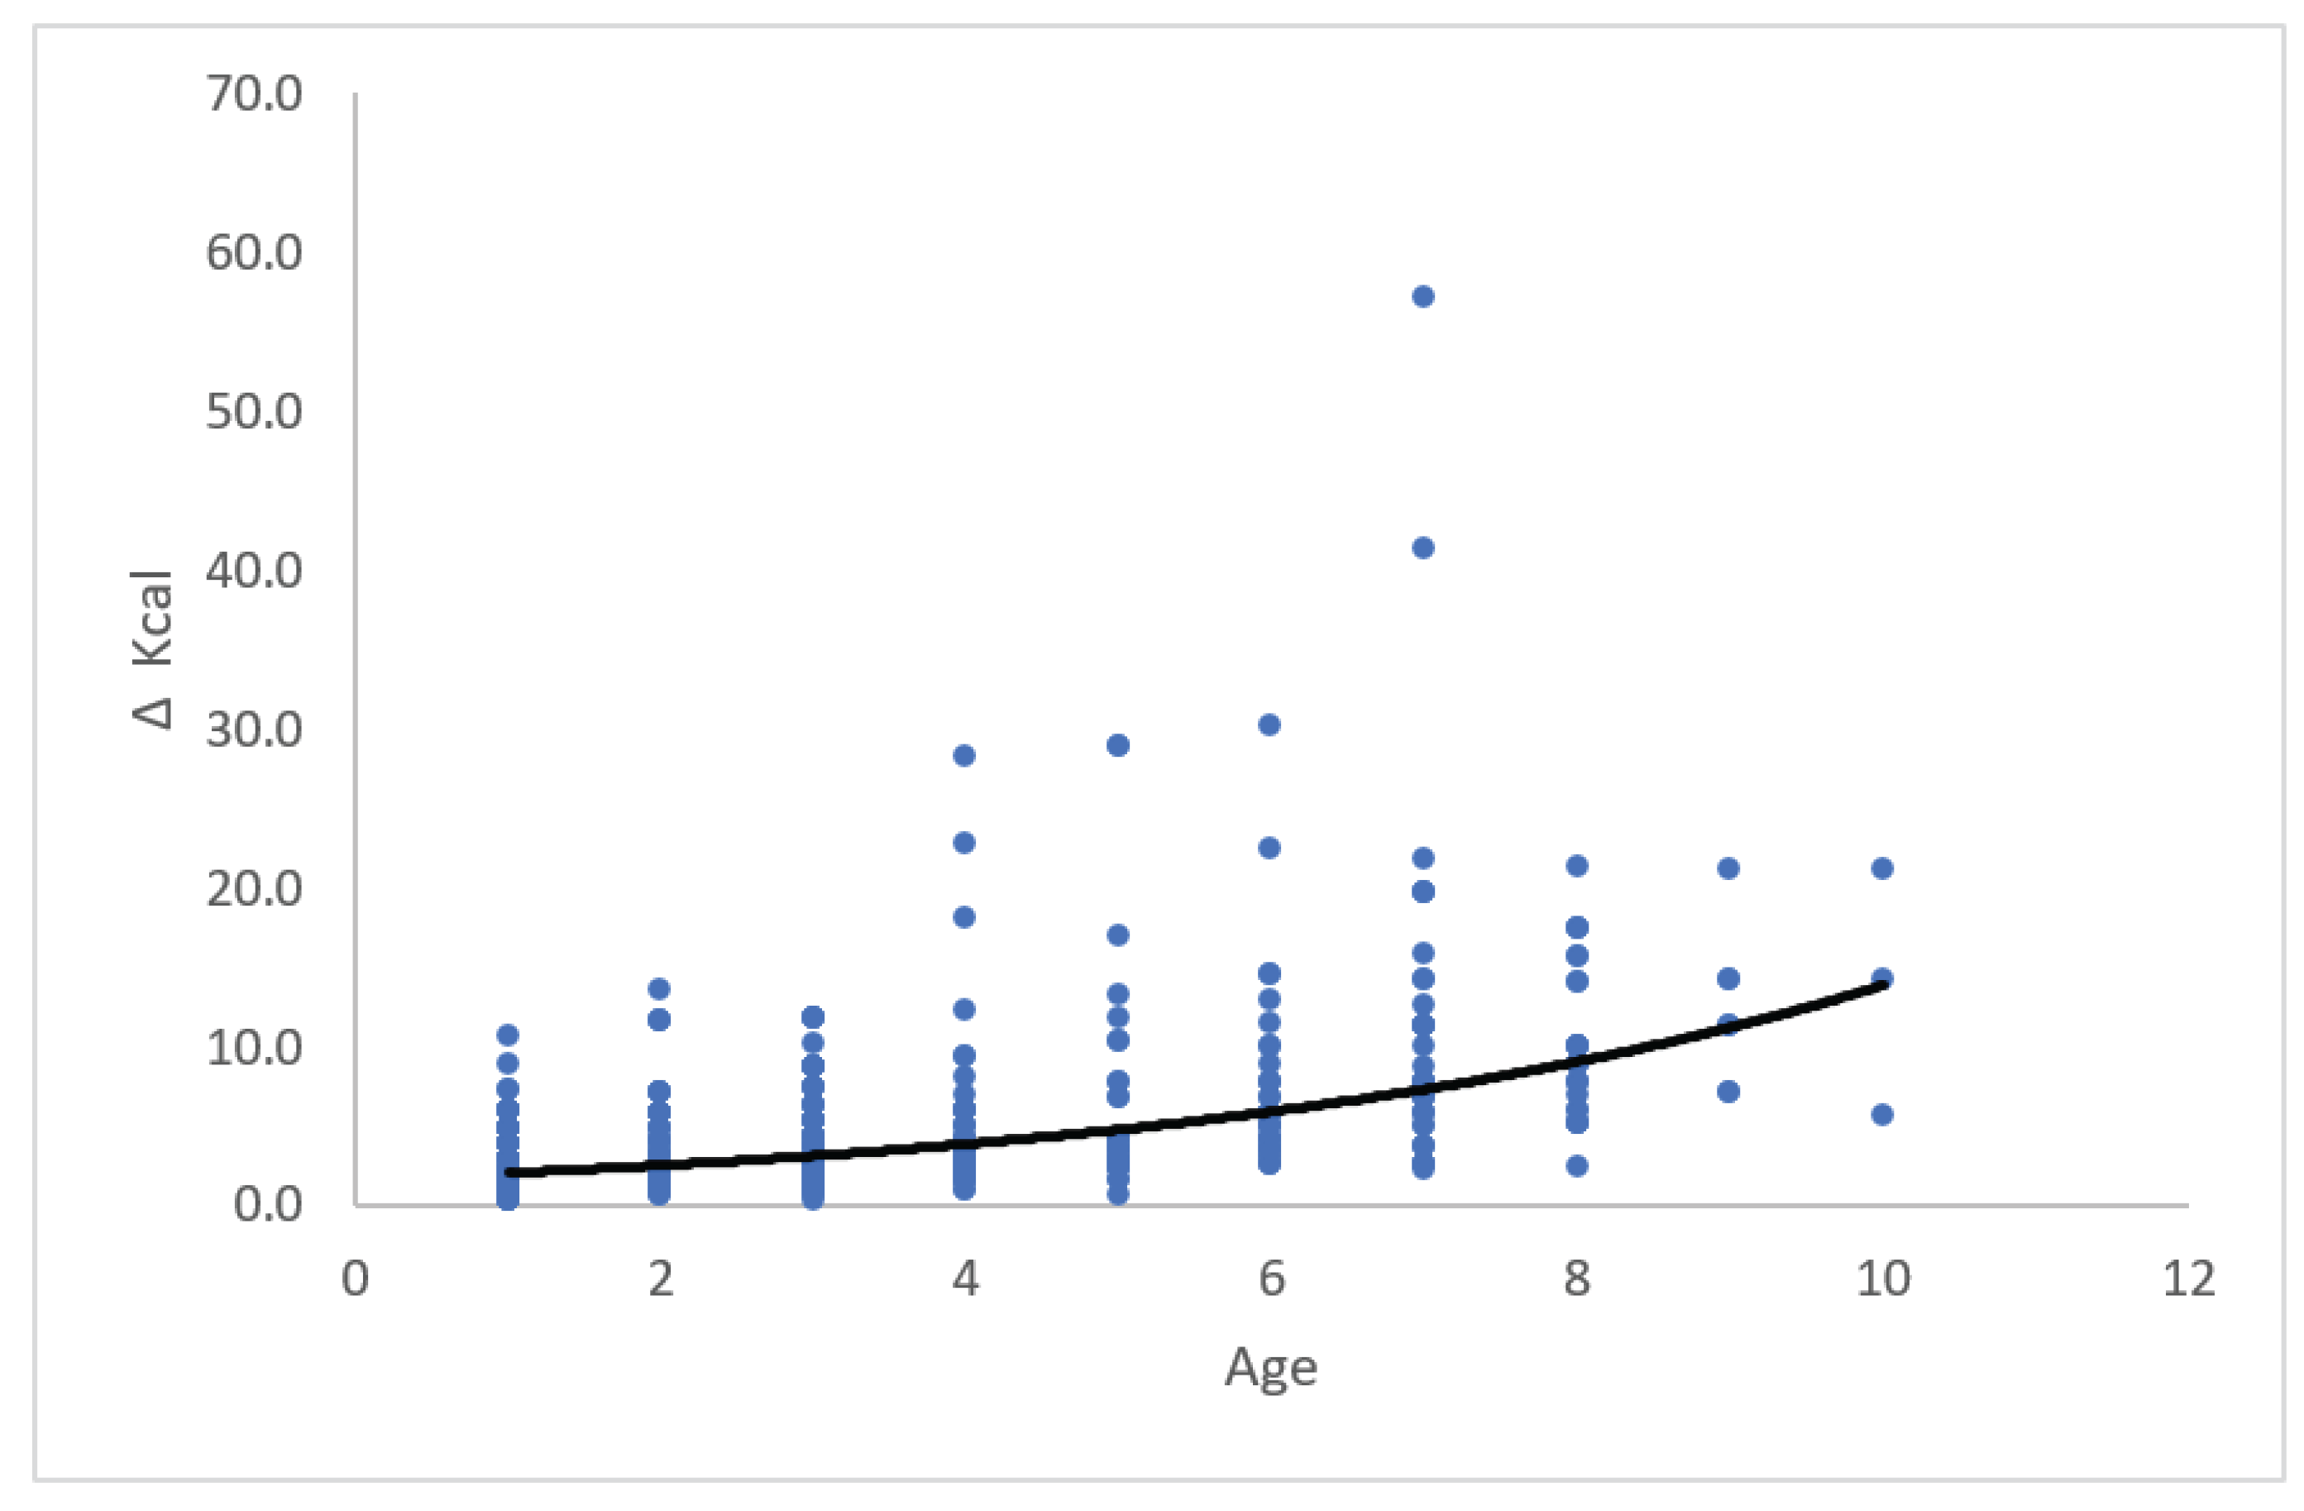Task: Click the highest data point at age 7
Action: point(1422,296)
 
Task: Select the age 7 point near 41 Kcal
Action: point(1422,547)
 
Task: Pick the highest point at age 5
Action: point(1117,745)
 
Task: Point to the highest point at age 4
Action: point(964,756)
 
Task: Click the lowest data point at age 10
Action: point(1881,1115)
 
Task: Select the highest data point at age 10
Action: point(1881,868)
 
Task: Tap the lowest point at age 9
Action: point(1728,1092)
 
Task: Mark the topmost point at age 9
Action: point(1728,868)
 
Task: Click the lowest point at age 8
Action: point(1576,1165)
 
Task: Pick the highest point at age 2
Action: point(659,989)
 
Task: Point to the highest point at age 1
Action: point(507,1035)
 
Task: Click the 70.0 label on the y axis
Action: point(254,95)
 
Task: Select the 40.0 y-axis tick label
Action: point(254,571)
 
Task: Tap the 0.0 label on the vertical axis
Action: point(267,1205)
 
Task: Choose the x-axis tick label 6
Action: point(1271,1279)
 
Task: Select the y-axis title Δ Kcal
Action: point(153,649)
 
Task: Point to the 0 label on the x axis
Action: point(356,1279)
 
